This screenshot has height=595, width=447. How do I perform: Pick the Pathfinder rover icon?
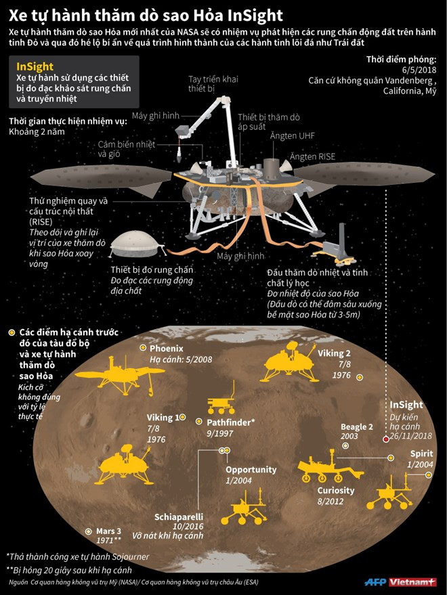[x=218, y=405]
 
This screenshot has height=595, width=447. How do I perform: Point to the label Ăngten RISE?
[x=314, y=156]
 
